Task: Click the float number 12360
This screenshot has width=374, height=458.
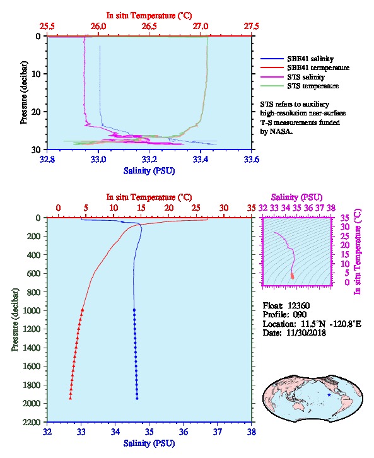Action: pos(298,305)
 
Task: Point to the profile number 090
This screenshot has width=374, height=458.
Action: pos(300,314)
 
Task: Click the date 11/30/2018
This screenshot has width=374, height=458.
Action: pos(306,332)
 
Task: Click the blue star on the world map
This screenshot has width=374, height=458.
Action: pos(329,395)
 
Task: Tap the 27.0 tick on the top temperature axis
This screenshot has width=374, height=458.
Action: pos(201,26)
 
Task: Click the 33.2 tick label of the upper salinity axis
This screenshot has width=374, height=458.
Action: pos(149,160)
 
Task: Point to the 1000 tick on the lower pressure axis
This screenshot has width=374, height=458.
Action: pos(33,310)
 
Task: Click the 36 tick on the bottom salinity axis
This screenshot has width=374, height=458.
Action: pos(184,432)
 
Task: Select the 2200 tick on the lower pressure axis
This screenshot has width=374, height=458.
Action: pos(33,422)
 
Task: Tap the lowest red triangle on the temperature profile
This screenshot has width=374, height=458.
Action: pos(71,398)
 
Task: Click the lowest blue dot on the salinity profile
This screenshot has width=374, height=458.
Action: pos(137,398)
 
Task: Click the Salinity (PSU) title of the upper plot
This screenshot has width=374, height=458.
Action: pos(149,171)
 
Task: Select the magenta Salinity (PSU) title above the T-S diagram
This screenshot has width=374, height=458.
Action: pos(296,197)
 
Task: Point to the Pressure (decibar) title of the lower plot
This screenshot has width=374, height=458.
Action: pos(15,320)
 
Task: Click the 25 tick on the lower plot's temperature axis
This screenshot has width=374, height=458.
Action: pos(196,208)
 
